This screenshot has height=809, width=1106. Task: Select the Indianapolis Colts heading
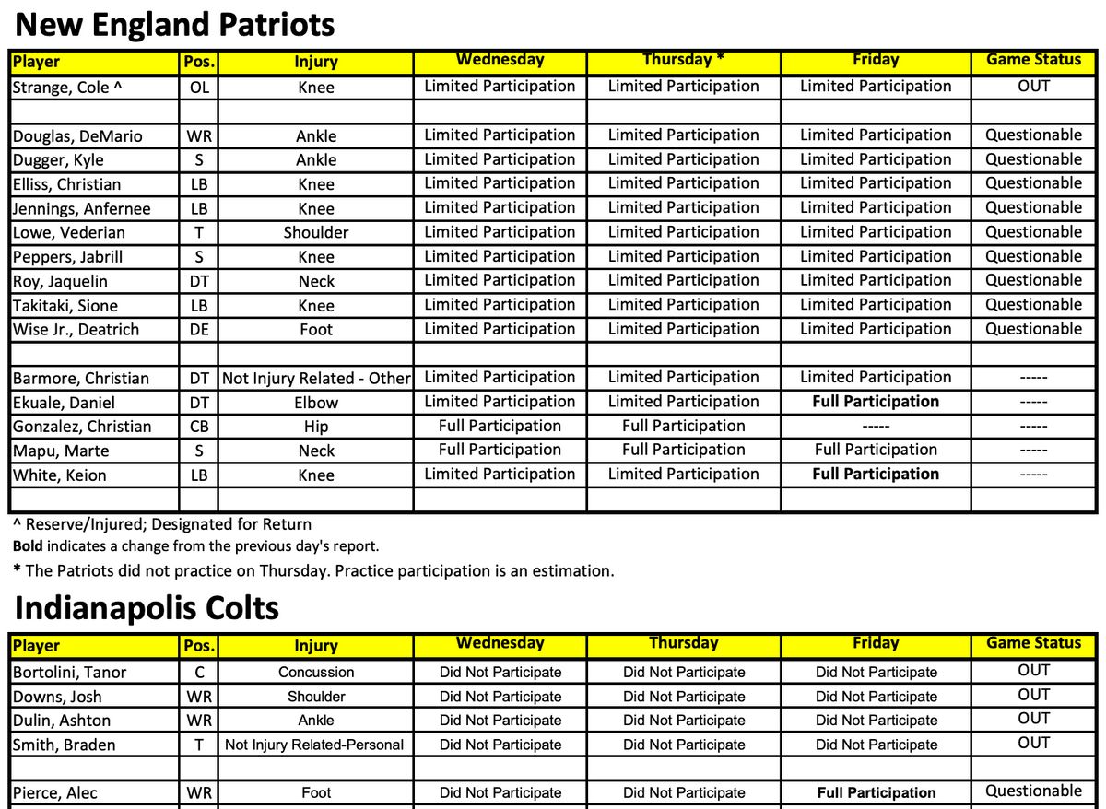[x=147, y=608]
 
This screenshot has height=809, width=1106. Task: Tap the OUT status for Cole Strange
[x=1034, y=87]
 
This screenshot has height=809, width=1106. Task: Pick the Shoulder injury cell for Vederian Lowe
[x=316, y=232]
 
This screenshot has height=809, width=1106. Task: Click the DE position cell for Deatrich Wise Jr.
[x=199, y=329]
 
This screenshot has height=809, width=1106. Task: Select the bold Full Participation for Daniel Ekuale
[x=876, y=402]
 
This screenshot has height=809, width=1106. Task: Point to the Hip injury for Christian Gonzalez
[x=316, y=427]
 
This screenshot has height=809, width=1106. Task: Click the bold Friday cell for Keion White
[x=876, y=475]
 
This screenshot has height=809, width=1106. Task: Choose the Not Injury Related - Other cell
[x=316, y=378]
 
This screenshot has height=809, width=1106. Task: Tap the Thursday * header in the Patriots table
[x=683, y=60]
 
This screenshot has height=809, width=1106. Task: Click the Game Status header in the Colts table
[x=1034, y=643]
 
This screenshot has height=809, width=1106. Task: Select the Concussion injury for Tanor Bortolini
[x=316, y=673]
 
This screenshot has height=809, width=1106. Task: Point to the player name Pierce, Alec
[x=55, y=792]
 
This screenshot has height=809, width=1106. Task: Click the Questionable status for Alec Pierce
[x=1034, y=791]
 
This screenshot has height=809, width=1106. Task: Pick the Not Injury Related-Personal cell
[x=314, y=745]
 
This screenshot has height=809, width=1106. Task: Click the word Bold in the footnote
[x=28, y=546]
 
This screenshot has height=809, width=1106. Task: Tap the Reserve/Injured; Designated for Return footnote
[x=162, y=524]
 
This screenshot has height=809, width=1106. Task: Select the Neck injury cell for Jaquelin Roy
[x=316, y=281]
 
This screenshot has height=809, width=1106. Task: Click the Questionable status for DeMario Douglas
[x=1034, y=135]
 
